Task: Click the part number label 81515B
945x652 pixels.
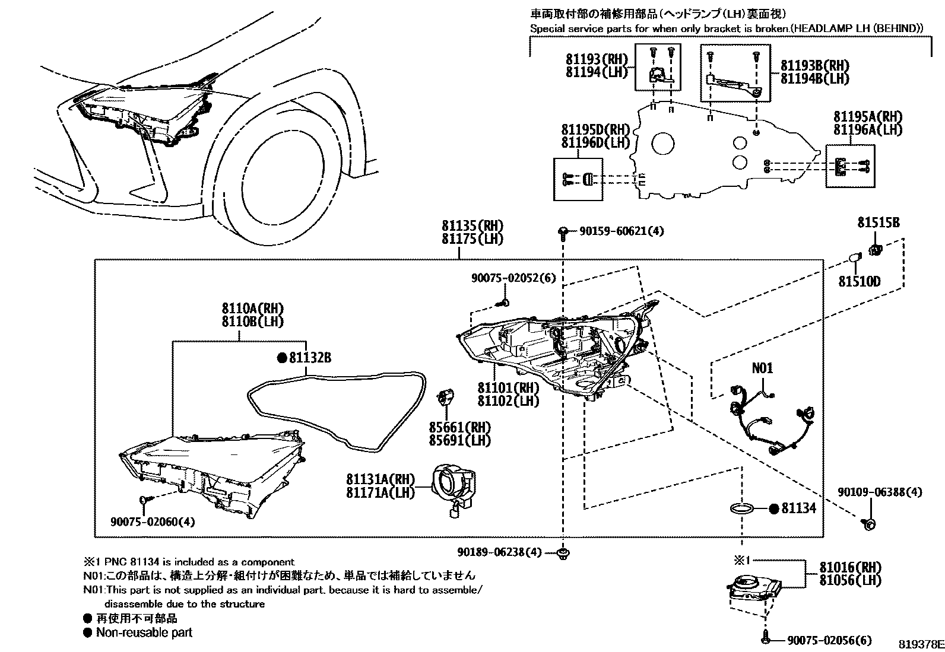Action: coord(878,223)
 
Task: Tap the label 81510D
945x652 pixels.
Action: coord(859,281)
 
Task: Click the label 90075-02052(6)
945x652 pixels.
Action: coord(513,278)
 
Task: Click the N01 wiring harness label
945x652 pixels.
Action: coord(763,368)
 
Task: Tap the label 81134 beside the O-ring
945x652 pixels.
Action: coord(798,508)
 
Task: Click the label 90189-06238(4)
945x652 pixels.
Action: coord(499,552)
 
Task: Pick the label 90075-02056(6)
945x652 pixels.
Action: coord(829,640)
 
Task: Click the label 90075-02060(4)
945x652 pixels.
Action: coord(153,521)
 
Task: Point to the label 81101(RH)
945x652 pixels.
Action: coord(508,389)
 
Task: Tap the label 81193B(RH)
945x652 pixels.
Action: coord(814,66)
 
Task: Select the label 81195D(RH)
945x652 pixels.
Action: coord(595,130)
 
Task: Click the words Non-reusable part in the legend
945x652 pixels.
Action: coord(144,632)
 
